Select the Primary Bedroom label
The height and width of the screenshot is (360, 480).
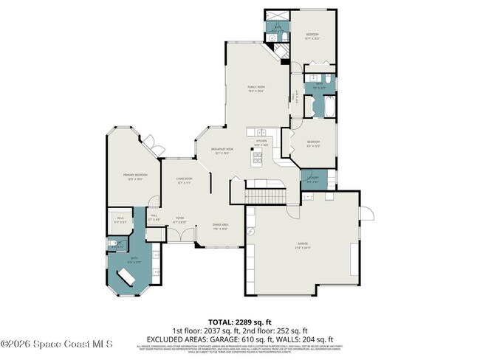pos(135,176)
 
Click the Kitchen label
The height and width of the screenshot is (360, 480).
pos(261,142)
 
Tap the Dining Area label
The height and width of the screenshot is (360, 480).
pos(220,226)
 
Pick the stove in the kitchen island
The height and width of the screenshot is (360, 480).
pos(258,156)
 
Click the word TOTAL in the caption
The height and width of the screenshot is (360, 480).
pos(219,322)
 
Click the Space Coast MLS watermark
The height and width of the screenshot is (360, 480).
pos(57,345)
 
